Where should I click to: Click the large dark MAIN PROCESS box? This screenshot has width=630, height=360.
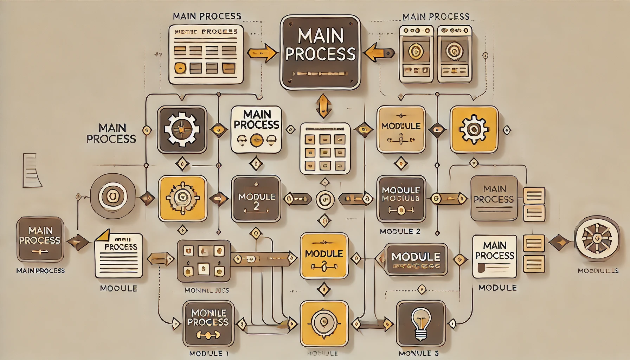point(320,52)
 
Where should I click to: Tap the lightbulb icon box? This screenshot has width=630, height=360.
point(421,324)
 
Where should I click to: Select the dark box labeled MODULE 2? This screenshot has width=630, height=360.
point(256,199)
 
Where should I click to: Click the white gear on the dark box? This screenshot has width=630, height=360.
point(182,130)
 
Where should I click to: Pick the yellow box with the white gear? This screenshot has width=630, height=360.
point(474,130)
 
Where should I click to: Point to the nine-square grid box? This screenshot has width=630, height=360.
point(325,148)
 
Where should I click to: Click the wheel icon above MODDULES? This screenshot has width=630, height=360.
point(597,238)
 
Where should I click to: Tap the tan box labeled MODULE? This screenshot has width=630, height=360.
point(401,130)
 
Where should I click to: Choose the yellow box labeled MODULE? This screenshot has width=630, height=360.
point(324,256)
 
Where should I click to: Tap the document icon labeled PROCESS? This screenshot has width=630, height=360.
point(119,256)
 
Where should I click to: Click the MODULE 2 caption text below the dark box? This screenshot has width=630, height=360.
point(400,231)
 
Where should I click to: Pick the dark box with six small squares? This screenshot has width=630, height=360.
point(204,261)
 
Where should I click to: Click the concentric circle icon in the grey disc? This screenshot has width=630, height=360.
point(112,196)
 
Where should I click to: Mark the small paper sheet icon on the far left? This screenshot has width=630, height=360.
point(32,170)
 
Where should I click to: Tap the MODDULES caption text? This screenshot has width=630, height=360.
point(598,271)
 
